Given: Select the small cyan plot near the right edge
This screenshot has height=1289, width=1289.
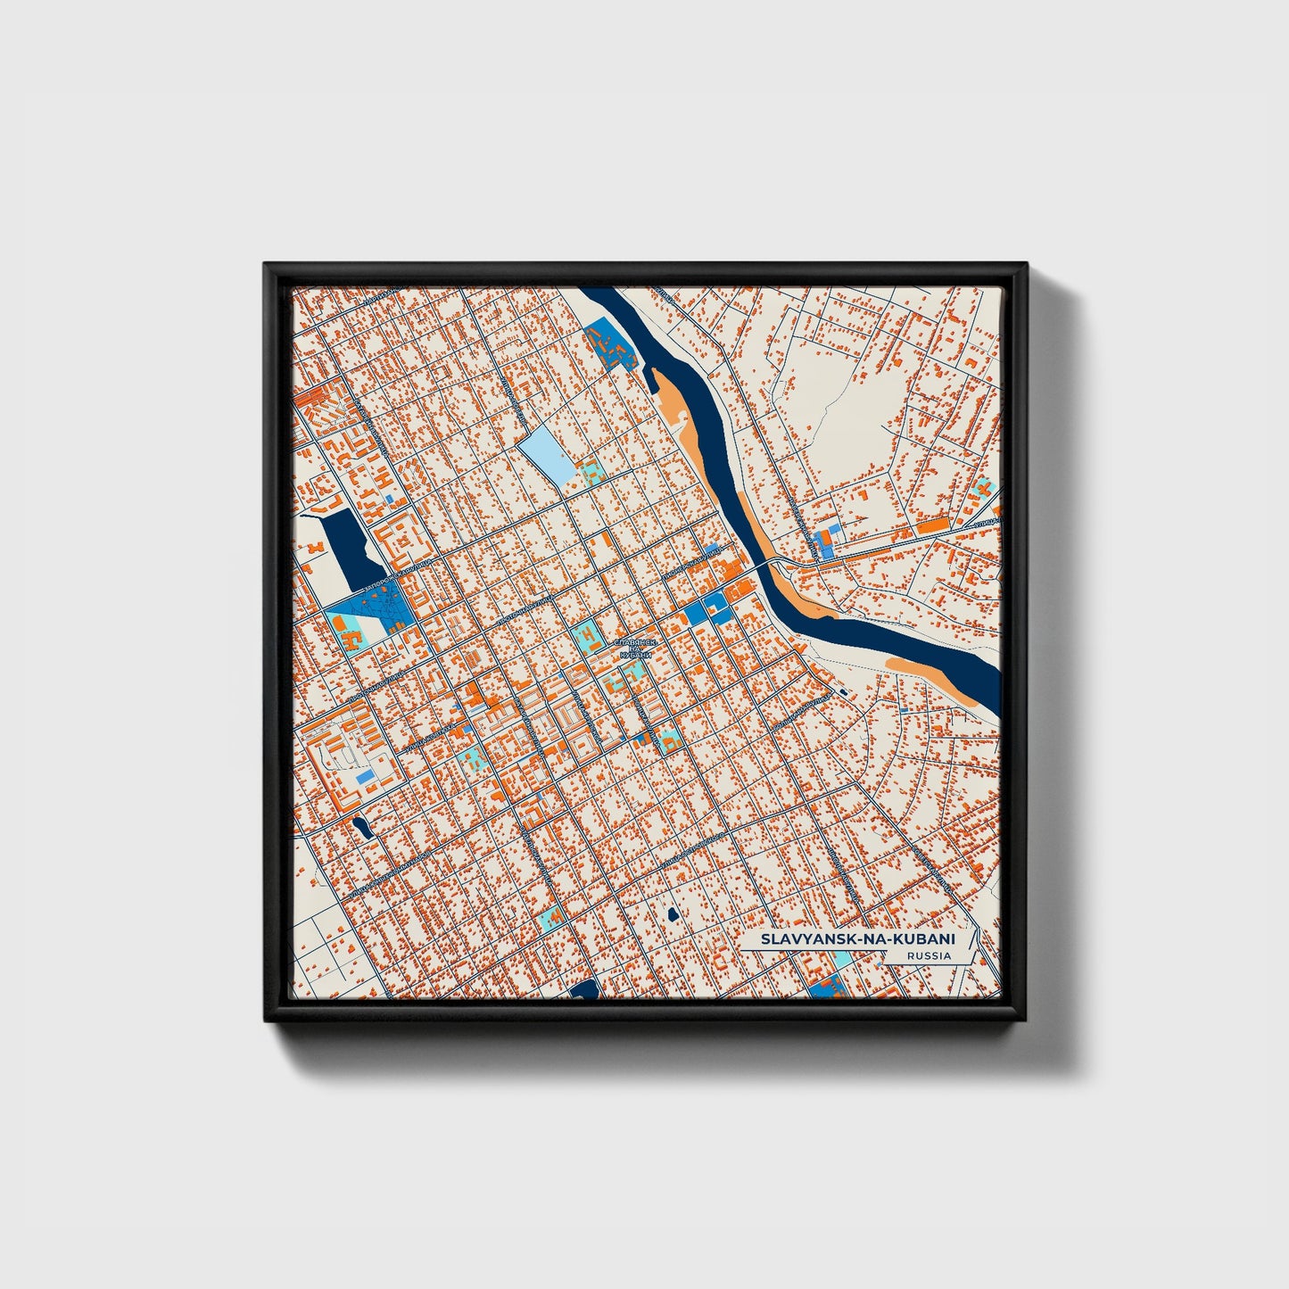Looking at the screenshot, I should point(984,487).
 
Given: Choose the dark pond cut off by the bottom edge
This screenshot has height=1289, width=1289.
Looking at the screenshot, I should point(586,989).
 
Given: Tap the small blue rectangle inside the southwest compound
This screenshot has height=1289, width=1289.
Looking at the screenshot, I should point(365,779).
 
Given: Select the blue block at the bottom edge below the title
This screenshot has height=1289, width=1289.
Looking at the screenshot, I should point(827,987).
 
